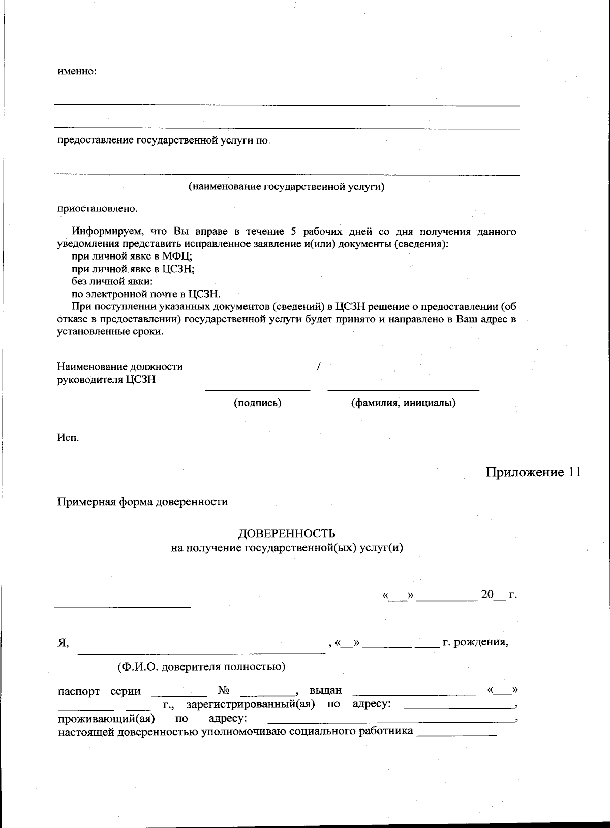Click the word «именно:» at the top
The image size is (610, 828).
(x=77, y=71)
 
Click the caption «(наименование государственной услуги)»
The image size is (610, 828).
(x=287, y=187)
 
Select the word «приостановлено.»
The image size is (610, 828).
(x=97, y=209)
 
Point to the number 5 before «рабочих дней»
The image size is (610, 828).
(x=293, y=232)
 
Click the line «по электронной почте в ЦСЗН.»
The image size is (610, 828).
(x=146, y=294)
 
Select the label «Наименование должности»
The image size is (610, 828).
(x=120, y=367)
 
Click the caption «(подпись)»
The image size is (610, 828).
(x=257, y=403)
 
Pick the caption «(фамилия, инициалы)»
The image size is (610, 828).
(x=403, y=403)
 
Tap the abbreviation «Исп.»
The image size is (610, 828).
(x=68, y=438)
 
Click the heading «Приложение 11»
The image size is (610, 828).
(x=533, y=472)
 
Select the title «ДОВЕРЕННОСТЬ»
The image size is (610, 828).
(x=287, y=534)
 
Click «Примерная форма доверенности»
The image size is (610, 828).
(x=142, y=502)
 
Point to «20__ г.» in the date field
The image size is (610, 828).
(x=499, y=595)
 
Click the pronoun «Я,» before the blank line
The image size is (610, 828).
(x=63, y=643)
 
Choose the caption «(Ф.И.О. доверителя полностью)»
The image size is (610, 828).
(x=201, y=667)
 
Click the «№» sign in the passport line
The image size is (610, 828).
(x=224, y=691)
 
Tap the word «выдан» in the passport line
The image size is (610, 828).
(x=325, y=691)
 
